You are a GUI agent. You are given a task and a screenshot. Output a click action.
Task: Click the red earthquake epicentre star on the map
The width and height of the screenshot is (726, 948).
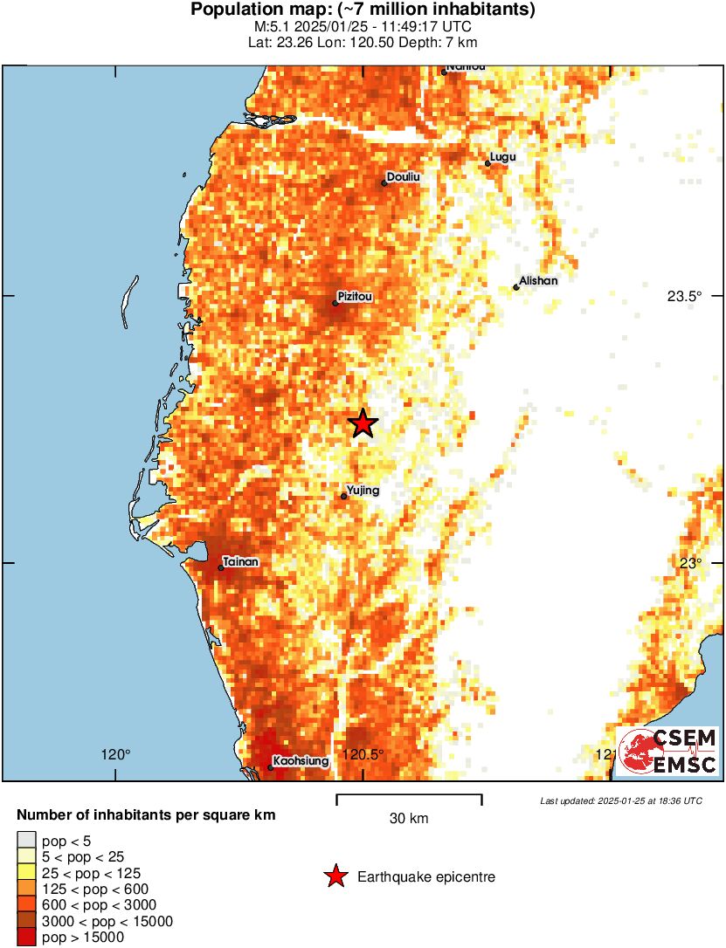pos(363,423)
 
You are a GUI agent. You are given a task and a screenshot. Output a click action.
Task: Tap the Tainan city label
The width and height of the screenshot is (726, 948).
pos(240,561)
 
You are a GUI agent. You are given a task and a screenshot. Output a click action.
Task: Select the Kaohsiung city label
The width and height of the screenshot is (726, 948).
pos(301,761)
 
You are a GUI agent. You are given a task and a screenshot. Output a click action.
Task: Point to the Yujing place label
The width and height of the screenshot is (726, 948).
pos(363,491)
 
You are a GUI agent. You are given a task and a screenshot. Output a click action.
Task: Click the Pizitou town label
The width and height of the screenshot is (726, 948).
pos(355,297)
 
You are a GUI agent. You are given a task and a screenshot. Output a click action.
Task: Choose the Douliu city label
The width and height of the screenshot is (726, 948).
pos(403,176)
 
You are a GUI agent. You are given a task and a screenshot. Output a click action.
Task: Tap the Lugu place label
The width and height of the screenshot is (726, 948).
pos(503,157)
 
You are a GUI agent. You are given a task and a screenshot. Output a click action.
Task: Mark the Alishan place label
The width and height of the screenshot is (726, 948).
pos(537,281)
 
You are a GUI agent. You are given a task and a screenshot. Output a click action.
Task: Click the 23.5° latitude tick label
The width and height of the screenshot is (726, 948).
pos(685,296)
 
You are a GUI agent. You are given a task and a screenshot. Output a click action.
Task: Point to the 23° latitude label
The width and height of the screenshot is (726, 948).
pos(692,563)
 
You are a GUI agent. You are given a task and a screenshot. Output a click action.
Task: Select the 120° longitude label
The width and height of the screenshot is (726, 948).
pos(115,754)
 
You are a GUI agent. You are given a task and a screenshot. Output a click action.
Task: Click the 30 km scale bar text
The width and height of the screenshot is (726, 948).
pos(408,819)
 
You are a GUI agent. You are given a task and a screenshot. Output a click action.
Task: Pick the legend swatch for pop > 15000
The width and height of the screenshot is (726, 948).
pos(26,938)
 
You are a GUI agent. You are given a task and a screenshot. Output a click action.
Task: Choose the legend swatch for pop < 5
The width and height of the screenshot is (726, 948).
pos(26,840)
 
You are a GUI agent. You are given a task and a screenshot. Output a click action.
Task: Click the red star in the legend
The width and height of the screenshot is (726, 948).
pos(335,876)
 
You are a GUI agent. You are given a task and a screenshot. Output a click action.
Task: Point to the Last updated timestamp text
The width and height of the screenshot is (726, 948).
pos(620,800)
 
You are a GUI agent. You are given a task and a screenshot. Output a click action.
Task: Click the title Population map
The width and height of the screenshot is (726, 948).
pos(363,10)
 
